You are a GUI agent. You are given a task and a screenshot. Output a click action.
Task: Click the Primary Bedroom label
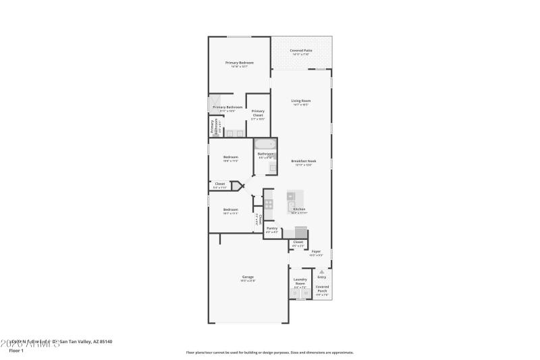coord(240,63)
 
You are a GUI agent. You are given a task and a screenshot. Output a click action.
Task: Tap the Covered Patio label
coord(300,51)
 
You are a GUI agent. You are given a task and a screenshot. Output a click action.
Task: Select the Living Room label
coord(300,101)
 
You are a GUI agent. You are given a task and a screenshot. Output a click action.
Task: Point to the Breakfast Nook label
coord(303,161)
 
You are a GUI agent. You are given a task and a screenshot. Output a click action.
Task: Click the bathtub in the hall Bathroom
coord(265,144)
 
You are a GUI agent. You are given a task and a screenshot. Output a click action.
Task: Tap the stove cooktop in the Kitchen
coord(268,203)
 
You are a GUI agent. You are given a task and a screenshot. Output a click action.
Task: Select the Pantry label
coord(272,228)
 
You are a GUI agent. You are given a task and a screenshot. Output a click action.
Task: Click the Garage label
coord(248,277)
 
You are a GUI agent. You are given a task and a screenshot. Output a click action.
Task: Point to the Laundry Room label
coord(300,281)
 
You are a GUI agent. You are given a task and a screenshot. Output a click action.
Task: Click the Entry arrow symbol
coord(321,272)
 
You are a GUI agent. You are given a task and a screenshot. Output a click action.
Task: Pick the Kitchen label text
coord(299,209)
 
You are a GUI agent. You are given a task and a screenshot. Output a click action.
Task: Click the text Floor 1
coord(16,351)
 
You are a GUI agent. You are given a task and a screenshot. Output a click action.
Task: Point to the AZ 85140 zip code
coord(101,342)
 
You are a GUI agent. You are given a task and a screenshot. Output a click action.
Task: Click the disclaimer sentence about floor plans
coord(269,352)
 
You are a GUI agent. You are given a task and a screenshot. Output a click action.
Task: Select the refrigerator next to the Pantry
coord(300,232)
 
